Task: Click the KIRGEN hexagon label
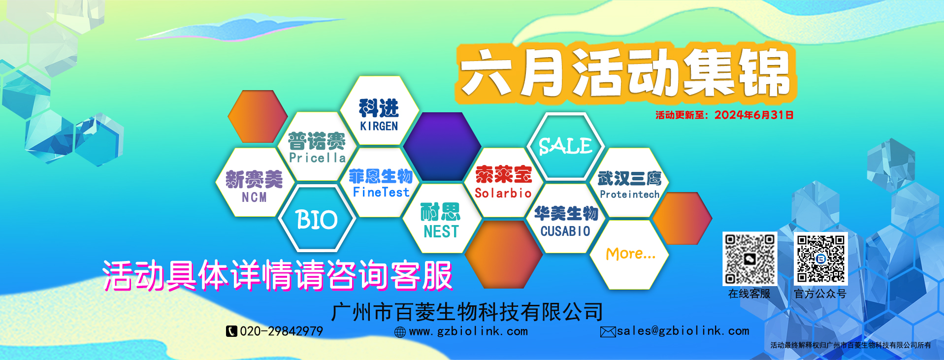pos(379,127)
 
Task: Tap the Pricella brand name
pos(317,158)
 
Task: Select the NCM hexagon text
pos(254,197)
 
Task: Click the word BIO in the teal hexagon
pos(317,220)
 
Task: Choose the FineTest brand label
pos(381,192)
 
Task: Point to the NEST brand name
pos(441,231)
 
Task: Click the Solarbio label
pos(503,193)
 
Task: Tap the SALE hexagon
pos(565,146)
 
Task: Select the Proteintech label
pos(629,195)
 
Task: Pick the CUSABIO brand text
pos(565,231)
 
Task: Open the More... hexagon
pos(629,254)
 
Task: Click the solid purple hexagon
pos(442,146)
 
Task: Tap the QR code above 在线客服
pos(749,259)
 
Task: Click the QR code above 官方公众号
pos(821,259)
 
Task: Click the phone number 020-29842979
pos(281,331)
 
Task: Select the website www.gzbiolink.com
pos(468,331)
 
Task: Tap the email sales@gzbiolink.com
pos(683,331)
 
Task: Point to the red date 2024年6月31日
pos(754,115)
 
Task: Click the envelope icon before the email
pos(608,332)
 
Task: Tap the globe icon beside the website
pos(400,332)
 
